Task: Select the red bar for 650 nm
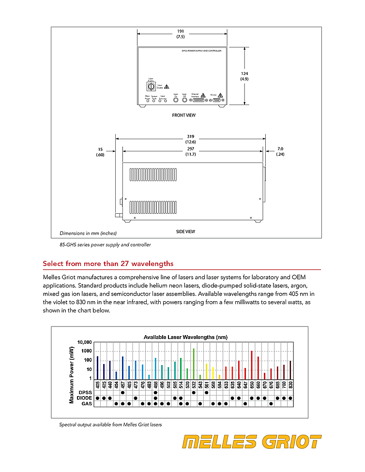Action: (x=252, y=365)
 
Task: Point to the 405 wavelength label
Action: (x=97, y=385)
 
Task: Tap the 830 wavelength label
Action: (x=290, y=385)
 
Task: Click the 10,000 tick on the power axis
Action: (x=83, y=342)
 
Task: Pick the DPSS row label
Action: (x=85, y=392)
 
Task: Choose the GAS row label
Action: (x=87, y=403)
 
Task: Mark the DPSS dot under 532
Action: (x=194, y=392)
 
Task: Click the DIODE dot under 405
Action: (x=97, y=398)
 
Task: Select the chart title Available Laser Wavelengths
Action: (x=185, y=337)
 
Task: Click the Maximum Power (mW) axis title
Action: (x=71, y=374)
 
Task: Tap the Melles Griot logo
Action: (x=251, y=442)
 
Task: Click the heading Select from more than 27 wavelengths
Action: (x=108, y=264)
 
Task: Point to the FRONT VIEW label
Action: (x=184, y=115)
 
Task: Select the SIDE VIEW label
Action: (x=186, y=232)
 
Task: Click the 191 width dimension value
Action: (x=180, y=31)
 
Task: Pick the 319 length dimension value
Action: (x=190, y=137)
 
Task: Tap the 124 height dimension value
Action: (x=244, y=74)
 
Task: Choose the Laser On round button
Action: (x=176, y=100)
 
